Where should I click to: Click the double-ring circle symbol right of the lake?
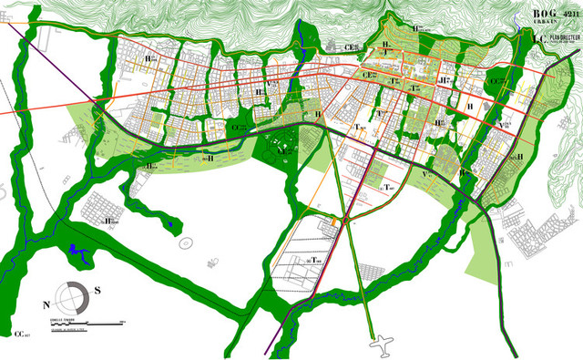(x=186, y=243)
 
